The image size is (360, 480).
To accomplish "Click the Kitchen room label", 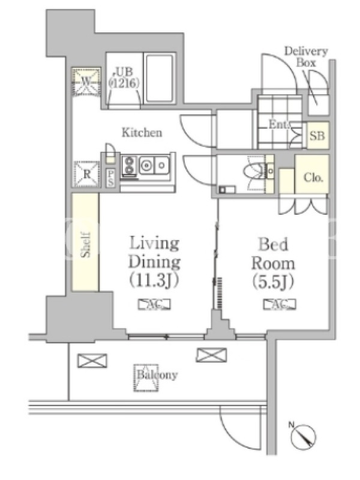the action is click(142, 133).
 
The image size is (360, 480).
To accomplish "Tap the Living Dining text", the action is click(154, 253).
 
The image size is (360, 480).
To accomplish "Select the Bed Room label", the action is click(273, 254).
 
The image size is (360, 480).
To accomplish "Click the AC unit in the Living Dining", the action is click(154, 304).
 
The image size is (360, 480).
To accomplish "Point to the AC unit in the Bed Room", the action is click(280, 304).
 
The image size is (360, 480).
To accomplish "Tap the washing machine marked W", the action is click(86, 82).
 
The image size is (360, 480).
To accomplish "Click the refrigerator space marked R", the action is click(86, 175).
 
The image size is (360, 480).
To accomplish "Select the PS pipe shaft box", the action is click(110, 178).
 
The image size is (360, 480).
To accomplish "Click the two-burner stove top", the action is click(130, 166).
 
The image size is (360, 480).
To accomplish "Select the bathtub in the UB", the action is click(158, 79).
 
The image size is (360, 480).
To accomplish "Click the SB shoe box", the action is click(317, 136).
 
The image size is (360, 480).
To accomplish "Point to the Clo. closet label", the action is click(313, 177).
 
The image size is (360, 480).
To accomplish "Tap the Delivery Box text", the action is click(306, 56).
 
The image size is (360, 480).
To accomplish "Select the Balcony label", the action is click(157, 376).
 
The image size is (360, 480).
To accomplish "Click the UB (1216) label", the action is click(125, 77).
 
